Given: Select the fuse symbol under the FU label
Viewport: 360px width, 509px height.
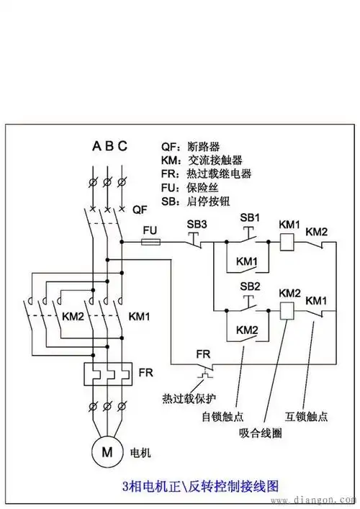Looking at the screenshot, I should click(150, 243).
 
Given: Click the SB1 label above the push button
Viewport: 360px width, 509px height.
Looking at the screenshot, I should click(250, 217).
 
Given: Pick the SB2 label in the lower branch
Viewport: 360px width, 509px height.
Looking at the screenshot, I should click(250, 286).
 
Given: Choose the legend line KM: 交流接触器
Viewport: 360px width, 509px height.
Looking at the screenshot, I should click(201, 160).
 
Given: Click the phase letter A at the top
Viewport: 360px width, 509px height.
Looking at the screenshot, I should click(96, 145).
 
